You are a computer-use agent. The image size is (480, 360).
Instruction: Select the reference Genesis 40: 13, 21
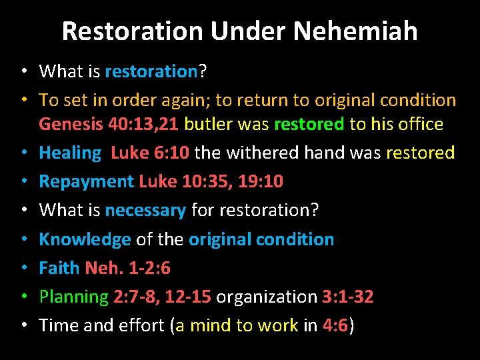click(x=109, y=124)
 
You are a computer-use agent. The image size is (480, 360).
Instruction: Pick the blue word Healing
click(x=69, y=153)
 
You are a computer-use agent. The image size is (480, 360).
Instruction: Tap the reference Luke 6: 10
click(x=149, y=153)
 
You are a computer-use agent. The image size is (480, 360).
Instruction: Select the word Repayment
click(x=86, y=181)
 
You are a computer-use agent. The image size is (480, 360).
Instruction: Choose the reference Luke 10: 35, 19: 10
click(x=211, y=181)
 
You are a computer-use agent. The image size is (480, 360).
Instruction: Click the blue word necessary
click(x=145, y=210)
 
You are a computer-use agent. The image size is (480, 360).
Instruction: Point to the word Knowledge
click(x=85, y=239)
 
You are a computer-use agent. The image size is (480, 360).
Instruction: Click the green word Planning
click(x=73, y=297)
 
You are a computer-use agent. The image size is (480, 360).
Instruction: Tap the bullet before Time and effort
click(x=23, y=325)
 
